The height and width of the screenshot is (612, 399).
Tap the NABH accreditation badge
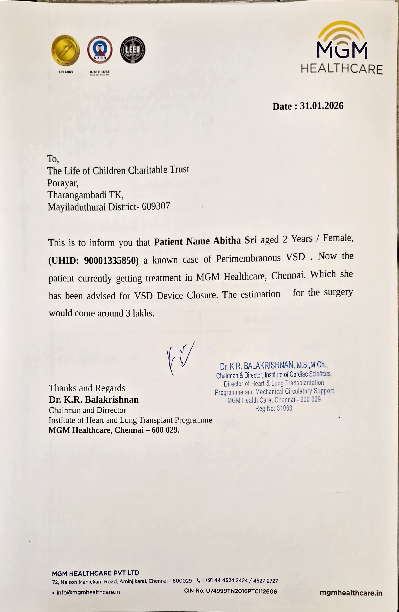pos(100,50)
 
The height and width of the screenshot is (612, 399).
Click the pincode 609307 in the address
pos(156,206)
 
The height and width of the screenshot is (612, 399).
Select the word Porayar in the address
pos(63,183)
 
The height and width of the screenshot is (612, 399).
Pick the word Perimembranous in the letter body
pos(248,258)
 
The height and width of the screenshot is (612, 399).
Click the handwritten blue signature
pos(180,358)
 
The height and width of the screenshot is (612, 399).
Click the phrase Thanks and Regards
pos(87,388)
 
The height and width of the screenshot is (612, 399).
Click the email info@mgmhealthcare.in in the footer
pos(88,592)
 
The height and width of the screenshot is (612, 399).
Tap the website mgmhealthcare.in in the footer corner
pos(351,593)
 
